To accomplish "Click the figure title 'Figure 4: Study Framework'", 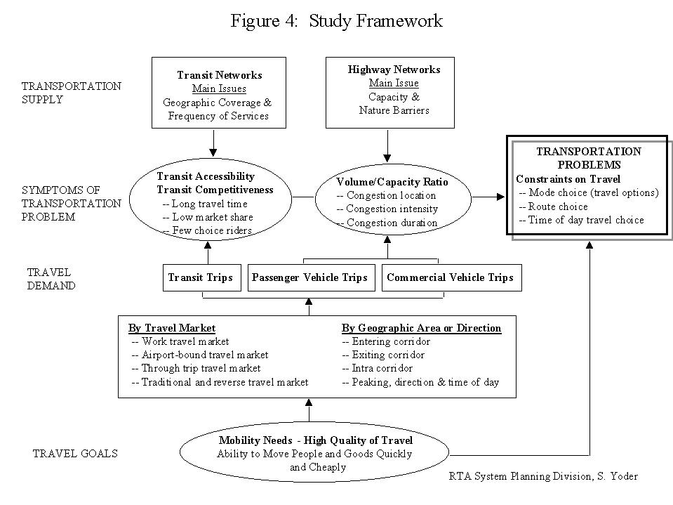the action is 337,20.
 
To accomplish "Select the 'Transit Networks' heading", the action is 220,75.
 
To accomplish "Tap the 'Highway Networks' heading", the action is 394,70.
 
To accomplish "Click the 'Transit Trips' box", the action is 201,278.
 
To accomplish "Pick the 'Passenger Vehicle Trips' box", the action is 312,278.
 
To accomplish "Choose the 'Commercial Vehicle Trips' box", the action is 451,278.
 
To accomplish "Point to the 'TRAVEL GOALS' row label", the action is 75,454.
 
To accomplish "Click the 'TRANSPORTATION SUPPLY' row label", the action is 72,93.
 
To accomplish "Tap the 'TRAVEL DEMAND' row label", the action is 51,279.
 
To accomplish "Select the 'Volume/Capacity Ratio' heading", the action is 392,182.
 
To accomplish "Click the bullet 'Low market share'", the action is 208,217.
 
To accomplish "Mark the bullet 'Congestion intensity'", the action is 387,209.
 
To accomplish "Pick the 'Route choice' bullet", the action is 553,206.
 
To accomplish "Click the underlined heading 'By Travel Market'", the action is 172,328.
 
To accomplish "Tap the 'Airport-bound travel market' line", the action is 199,355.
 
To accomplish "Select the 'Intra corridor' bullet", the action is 378,369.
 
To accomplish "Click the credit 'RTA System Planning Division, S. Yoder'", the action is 543,476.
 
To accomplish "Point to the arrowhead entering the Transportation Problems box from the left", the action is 501,197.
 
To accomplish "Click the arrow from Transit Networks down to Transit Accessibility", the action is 213,143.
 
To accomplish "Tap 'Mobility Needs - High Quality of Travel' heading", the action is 316,440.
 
